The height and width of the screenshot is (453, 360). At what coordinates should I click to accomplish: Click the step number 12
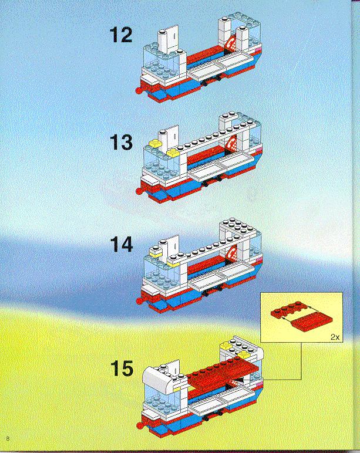point(121,35)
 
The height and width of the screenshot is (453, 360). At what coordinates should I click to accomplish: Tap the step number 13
point(121,143)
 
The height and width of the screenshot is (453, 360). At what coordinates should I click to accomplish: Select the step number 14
point(121,245)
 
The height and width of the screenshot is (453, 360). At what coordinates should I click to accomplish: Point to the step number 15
point(122,369)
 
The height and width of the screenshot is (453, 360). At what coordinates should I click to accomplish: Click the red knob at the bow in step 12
point(139,91)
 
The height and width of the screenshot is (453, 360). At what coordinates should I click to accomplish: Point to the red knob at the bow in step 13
point(139,191)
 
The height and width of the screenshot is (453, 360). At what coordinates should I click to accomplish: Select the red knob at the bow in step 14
point(139,300)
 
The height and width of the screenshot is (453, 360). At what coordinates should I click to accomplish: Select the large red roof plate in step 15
point(223,373)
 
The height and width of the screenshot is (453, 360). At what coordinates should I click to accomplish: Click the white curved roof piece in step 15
point(158,378)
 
